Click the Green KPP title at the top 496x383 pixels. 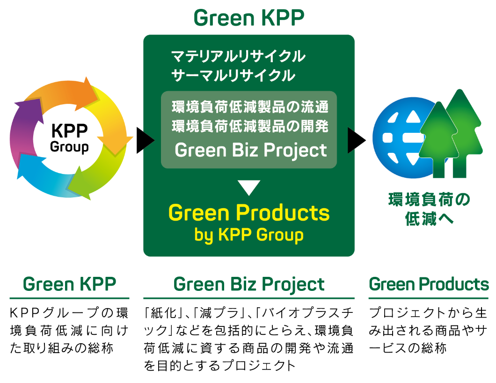(x=248, y=19)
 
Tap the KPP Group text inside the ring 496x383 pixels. (x=69, y=138)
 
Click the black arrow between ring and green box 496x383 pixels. (x=145, y=139)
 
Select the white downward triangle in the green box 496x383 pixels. (x=248, y=188)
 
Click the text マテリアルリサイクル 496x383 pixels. (x=239, y=57)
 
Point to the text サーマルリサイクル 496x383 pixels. (x=233, y=75)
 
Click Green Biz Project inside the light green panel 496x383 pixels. (x=250, y=151)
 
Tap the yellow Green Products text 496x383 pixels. (x=249, y=213)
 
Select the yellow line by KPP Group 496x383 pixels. (x=249, y=235)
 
